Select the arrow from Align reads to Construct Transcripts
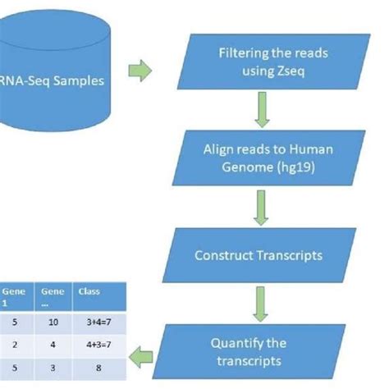click(260, 209)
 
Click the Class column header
click(88, 291)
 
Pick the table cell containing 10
click(52, 323)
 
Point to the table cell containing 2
click(15, 346)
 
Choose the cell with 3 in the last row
click(52, 370)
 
